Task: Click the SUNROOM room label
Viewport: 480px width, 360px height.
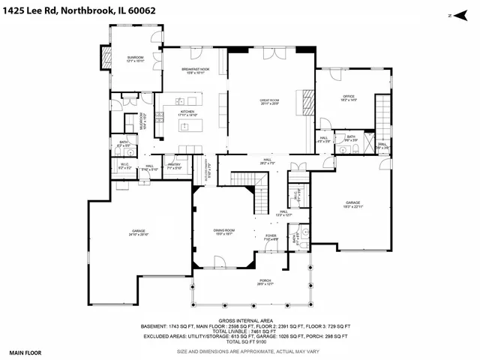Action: pos(135,58)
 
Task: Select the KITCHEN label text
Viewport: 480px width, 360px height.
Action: pos(187,113)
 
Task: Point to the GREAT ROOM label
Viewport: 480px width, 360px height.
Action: pos(270,101)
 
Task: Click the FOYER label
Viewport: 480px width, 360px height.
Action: pos(271,237)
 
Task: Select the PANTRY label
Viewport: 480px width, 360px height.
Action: pos(175,166)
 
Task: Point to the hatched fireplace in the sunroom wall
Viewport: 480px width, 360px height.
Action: pos(105,56)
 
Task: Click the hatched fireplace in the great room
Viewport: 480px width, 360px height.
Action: pos(307,99)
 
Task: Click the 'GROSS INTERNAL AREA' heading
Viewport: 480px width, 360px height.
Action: pos(245,319)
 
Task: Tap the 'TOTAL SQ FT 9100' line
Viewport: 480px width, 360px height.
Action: pos(245,343)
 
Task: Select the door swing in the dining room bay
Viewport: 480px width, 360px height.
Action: pos(220,262)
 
